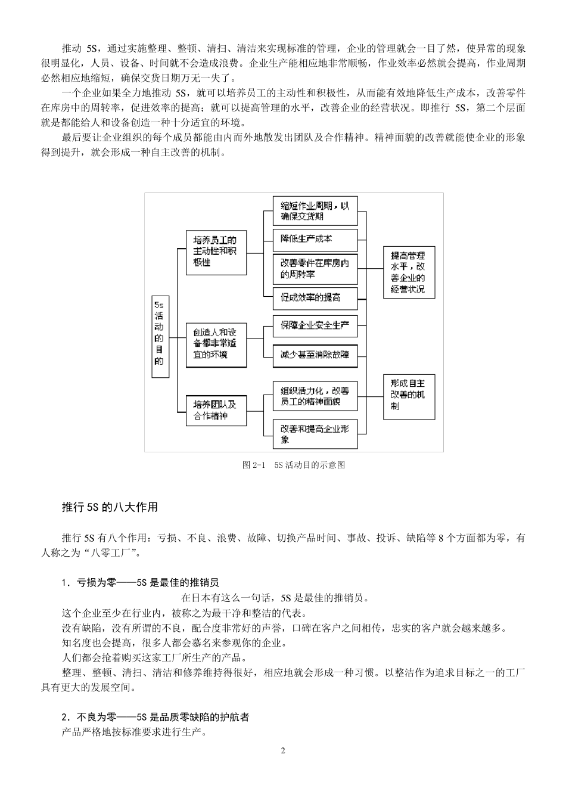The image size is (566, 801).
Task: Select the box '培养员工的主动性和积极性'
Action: (216, 252)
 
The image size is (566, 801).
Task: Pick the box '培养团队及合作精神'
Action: (216, 411)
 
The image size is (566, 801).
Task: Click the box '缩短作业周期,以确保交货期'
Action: (315, 210)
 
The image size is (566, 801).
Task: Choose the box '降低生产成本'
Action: (315, 239)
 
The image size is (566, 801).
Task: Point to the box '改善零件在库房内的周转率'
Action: (315, 269)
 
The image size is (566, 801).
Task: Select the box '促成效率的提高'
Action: (315, 297)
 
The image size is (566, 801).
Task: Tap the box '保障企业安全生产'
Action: (315, 326)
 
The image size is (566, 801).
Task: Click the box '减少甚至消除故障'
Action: (315, 355)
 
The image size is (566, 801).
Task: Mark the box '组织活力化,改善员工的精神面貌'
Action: (315, 396)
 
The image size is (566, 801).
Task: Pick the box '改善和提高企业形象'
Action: (315, 434)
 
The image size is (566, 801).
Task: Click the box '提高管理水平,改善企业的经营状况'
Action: (408, 272)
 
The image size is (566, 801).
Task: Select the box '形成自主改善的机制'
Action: (408, 396)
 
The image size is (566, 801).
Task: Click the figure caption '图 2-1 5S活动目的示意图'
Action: (294, 465)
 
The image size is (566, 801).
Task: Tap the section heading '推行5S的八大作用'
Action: (110, 507)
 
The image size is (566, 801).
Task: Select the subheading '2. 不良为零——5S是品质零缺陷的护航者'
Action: (156, 717)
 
